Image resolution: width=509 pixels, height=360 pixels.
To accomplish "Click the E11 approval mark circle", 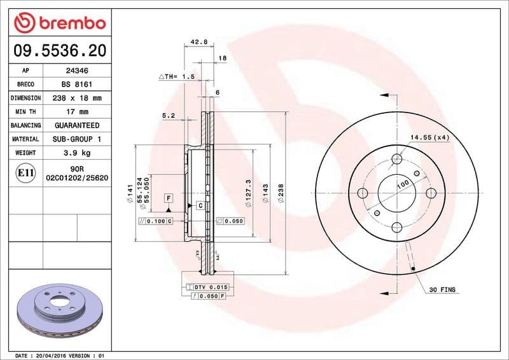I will click(x=26, y=172).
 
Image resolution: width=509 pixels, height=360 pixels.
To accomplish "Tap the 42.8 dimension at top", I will click(x=199, y=42).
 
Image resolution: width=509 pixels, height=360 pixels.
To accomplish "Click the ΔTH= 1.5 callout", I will click(x=176, y=76).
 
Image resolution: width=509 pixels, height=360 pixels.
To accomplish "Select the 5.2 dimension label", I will click(x=169, y=116).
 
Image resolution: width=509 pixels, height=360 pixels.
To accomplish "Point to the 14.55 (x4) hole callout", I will click(x=429, y=137).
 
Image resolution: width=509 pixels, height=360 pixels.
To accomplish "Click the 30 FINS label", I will click(x=442, y=290).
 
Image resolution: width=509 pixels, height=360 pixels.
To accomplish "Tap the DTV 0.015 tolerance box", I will click(x=211, y=287).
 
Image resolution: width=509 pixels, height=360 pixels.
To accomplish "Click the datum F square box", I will click(x=169, y=198).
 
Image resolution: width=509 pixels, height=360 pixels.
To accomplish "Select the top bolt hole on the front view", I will click(x=397, y=159).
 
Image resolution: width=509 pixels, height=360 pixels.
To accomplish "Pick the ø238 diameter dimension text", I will click(x=281, y=193).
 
